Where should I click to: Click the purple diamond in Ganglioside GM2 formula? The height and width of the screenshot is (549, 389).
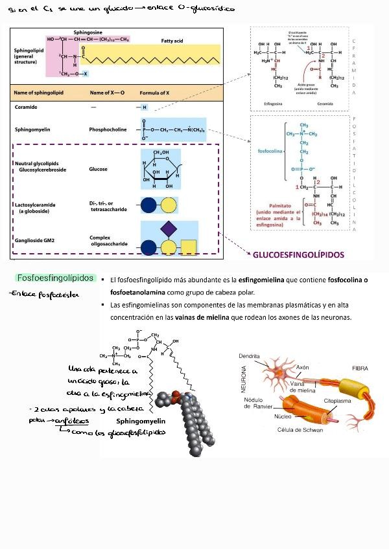click(x=169, y=228)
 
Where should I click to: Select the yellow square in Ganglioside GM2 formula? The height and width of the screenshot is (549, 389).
click(x=188, y=247)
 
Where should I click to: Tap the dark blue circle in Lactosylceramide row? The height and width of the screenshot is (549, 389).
click(x=149, y=206)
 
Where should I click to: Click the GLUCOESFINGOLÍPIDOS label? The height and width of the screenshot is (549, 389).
click(x=298, y=254)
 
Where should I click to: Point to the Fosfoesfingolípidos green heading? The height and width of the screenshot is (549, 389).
click(x=55, y=278)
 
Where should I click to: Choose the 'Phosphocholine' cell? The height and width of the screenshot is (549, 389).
click(x=108, y=129)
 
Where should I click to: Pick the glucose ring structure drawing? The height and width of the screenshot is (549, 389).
click(x=159, y=170)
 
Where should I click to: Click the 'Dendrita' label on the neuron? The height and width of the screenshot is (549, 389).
click(x=249, y=355)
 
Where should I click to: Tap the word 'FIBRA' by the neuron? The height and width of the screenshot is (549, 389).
click(x=360, y=368)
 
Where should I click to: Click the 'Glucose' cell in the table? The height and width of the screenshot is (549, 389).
click(x=99, y=169)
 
